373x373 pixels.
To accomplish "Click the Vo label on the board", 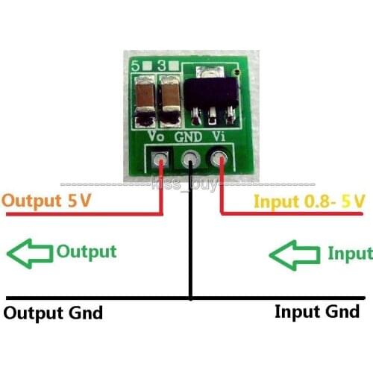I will (157, 137).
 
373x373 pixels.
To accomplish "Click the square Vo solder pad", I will (160, 159).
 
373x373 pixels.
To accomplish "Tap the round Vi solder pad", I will (221, 159).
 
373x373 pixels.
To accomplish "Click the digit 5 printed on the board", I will (136, 66).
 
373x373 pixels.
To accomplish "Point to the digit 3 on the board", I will (162, 66).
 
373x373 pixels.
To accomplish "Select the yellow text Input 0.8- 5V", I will (310, 201).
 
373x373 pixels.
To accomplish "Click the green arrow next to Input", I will (294, 254).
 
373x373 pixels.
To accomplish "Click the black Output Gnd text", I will (54, 312).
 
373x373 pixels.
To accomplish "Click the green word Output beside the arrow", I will (87, 251).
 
